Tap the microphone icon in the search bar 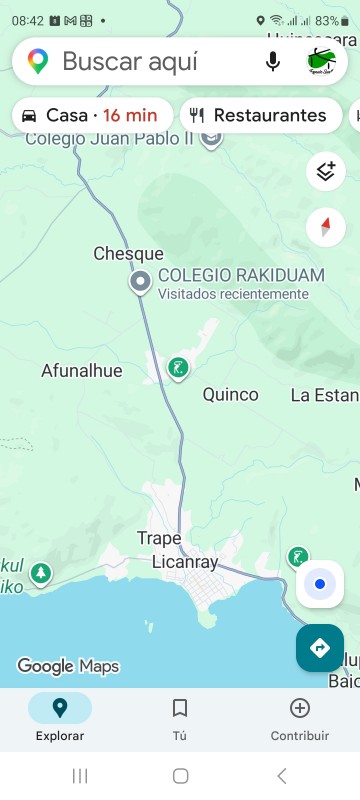273,62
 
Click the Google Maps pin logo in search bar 38,62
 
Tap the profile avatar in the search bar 321,62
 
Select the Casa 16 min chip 92,115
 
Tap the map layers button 325,171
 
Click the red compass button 325,227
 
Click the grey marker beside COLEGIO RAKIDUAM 141,283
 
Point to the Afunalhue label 81,371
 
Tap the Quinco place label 230,395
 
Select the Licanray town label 184,562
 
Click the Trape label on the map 159,539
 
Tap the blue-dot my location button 319,584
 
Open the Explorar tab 60,708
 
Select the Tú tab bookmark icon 180,708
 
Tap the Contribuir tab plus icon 299,708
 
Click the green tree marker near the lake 40,574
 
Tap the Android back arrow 281,776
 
